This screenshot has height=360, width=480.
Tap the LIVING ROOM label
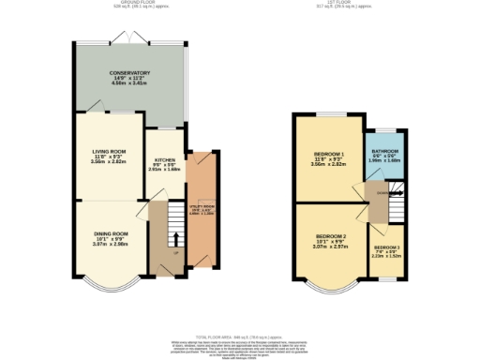[109, 150]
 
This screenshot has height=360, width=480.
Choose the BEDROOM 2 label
[331, 235]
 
